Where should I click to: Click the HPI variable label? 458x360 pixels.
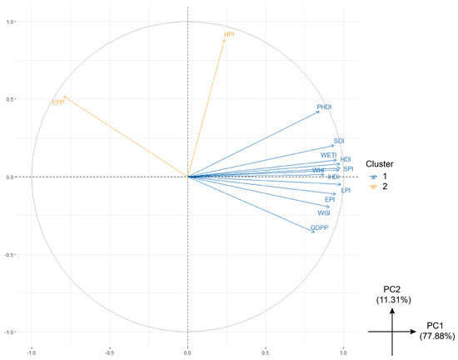[231, 35]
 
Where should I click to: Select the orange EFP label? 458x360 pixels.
[57, 102]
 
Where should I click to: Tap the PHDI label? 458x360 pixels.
[325, 107]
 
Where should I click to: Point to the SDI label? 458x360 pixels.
[339, 141]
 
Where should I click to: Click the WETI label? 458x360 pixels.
[328, 155]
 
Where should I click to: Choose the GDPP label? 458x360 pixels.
[318, 227]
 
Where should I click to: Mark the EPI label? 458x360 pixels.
[330, 200]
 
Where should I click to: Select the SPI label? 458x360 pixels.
[348, 168]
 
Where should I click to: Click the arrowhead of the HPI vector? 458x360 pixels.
[226, 40]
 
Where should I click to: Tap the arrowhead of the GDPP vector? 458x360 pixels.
[313, 232]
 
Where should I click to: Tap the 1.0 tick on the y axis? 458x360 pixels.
[12, 22]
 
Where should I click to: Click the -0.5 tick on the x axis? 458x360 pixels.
[109, 351]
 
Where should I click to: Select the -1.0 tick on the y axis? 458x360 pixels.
[11, 332]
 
